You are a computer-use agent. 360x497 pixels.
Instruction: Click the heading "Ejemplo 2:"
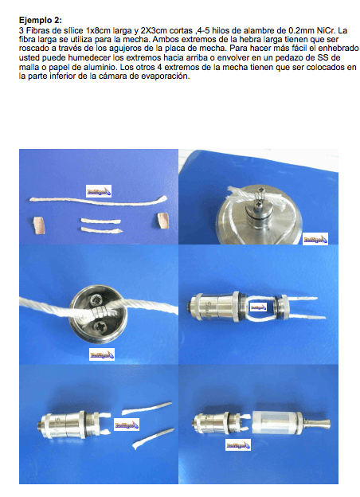[x=41, y=20]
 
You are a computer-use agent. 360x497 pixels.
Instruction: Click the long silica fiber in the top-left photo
[x=98, y=201]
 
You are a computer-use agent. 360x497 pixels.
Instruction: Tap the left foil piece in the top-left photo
[x=39, y=225]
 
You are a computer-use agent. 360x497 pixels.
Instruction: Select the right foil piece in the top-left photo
[x=162, y=221]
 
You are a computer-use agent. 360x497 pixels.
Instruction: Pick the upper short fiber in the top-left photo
[x=101, y=221]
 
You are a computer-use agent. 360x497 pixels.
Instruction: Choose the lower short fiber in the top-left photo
[x=101, y=230]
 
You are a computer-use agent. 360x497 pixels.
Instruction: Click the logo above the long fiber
[x=99, y=191]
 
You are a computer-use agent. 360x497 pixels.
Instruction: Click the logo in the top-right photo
[x=315, y=239]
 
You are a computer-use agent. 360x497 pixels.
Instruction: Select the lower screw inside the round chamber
[x=97, y=327]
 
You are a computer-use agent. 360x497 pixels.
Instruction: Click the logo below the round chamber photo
[x=102, y=354]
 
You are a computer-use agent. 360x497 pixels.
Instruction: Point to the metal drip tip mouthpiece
[x=317, y=423]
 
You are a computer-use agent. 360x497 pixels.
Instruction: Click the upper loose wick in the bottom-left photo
[x=147, y=408]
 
